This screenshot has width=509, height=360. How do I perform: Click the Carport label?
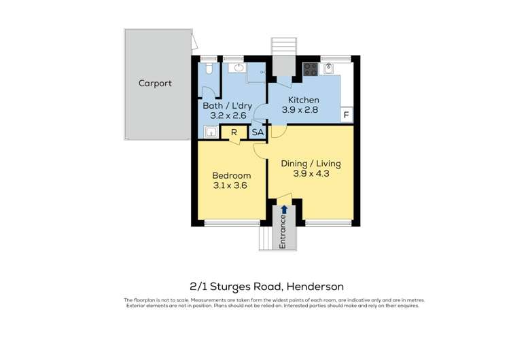coord(155,84)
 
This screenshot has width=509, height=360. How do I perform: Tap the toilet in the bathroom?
coord(209,69)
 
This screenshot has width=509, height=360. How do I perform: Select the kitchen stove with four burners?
coord(311,69)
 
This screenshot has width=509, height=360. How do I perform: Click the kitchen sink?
coord(329,68)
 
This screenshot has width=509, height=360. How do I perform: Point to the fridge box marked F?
coord(346,115)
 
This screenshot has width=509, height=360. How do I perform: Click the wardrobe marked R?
coord(234,132)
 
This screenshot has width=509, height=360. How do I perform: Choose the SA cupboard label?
coord(258,132)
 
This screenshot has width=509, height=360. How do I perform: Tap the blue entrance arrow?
coord(284,209)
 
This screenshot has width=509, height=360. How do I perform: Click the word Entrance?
coord(283,232)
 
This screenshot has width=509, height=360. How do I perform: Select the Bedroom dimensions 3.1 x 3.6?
coord(231,185)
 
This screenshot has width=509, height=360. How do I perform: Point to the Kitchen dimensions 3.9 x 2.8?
coord(300,110)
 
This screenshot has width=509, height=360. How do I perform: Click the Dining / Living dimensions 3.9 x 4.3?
coord(311,174)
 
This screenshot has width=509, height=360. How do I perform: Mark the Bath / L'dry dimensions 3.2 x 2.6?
coord(224,115)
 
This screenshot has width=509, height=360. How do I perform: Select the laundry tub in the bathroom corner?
coord(211,132)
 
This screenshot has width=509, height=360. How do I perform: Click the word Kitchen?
coord(300,100)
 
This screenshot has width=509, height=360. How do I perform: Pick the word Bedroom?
coord(231,175)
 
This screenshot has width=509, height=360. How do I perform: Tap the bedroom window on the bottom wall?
coord(232,223)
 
